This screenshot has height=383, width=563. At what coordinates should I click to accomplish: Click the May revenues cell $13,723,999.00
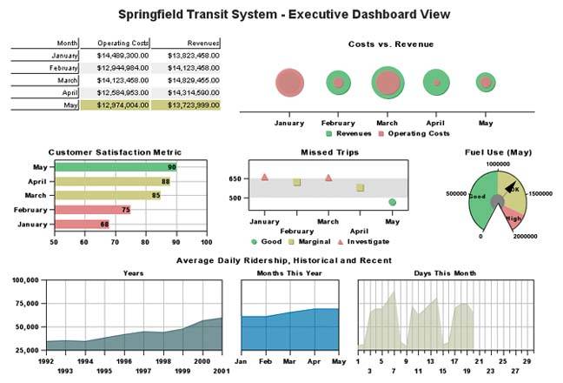pyautogui.click(x=186, y=104)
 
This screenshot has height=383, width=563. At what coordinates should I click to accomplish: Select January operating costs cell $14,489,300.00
pyautogui.click(x=115, y=55)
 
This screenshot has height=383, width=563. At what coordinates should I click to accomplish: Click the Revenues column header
pyautogui.click(x=186, y=43)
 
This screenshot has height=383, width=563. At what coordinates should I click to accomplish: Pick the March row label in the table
pyautogui.click(x=67, y=79)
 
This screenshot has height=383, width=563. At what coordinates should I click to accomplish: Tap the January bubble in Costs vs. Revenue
pyautogui.click(x=289, y=84)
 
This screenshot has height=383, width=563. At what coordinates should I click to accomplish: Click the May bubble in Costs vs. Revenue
pyautogui.click(x=485, y=83)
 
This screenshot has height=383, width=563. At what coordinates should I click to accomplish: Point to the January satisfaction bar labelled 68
pyautogui.click(x=82, y=224)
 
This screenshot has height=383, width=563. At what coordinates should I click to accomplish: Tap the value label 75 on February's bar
pyautogui.click(x=126, y=210)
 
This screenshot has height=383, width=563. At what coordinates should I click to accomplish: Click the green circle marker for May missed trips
pyautogui.click(x=392, y=202)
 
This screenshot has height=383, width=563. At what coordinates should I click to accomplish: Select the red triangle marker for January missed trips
pyautogui.click(x=264, y=177)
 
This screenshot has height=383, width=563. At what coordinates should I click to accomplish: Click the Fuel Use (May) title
pyautogui.click(x=497, y=153)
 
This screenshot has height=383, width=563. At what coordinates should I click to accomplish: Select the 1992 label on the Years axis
pyautogui.click(x=45, y=360)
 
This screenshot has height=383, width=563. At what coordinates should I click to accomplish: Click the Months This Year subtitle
pyautogui.click(x=289, y=272)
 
